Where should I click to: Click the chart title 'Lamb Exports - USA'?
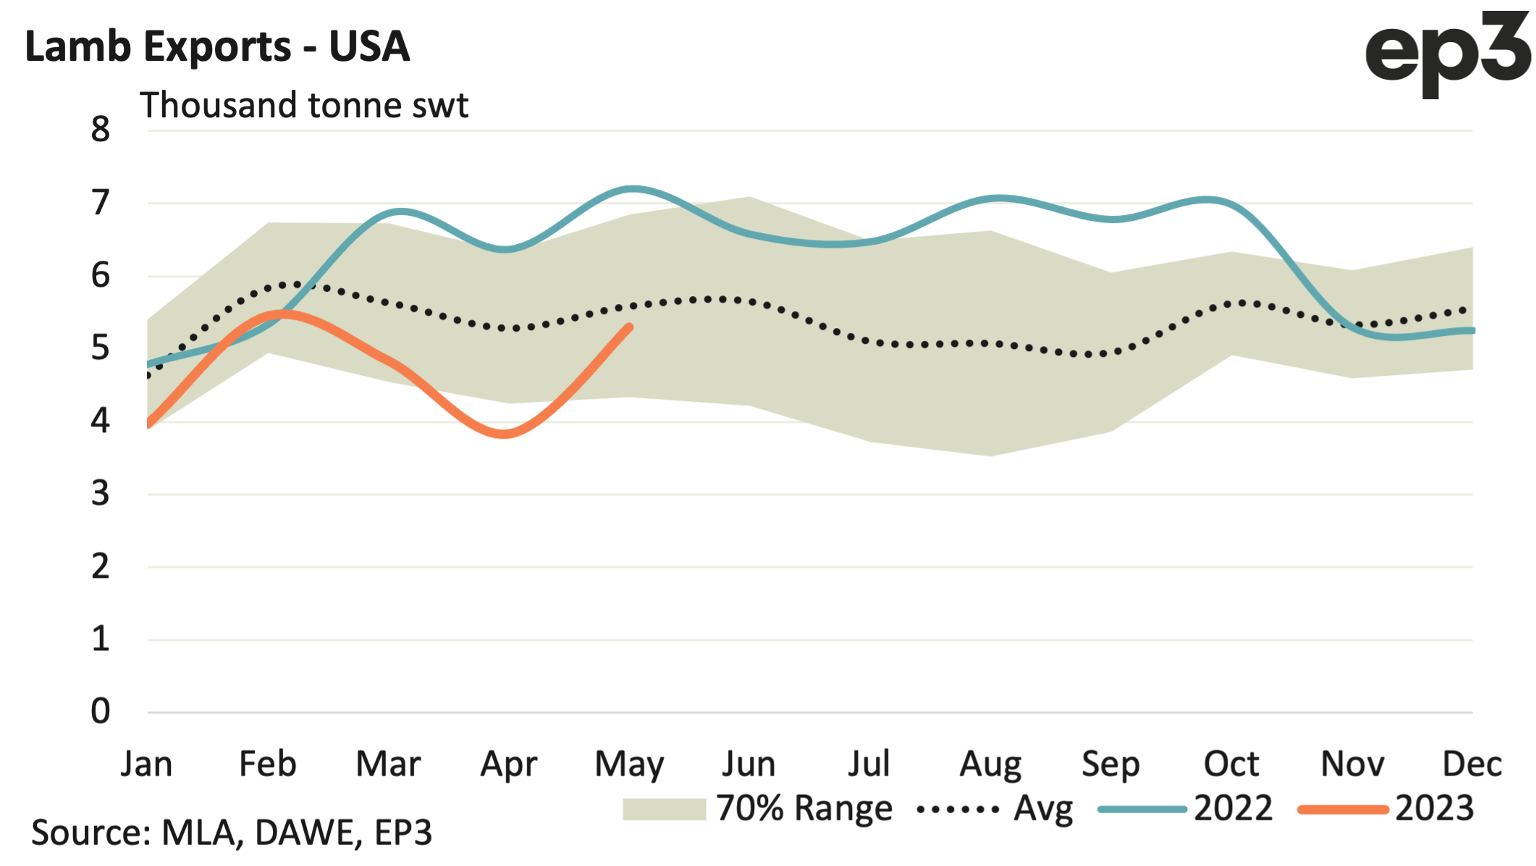click(217, 47)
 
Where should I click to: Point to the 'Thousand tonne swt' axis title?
click(304, 106)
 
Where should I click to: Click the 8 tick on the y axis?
click(101, 130)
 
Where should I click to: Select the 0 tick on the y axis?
click(101, 712)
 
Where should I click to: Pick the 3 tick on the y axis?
click(101, 494)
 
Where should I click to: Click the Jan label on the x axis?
click(147, 765)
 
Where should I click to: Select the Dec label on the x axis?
click(1472, 765)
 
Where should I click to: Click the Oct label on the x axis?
click(1231, 765)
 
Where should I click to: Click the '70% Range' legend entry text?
click(804, 809)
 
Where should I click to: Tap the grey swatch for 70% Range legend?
click(664, 809)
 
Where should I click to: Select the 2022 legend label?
click(1233, 809)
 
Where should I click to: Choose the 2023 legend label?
click(1435, 809)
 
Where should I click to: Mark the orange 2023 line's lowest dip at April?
click(505, 434)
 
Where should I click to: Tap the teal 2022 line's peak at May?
click(633, 189)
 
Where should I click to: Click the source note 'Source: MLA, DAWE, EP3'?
click(232, 833)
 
